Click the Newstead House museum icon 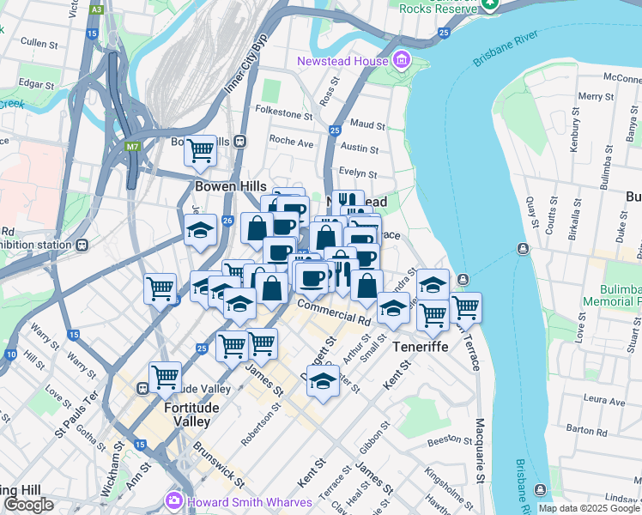click(400, 61)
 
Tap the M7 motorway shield click(132, 147)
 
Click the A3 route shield click(96, 9)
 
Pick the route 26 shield click(227, 221)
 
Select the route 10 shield click(10, 354)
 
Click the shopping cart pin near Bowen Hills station click(200, 151)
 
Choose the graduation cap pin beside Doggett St click(323, 380)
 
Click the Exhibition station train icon click(82, 245)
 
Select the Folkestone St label click(284, 113)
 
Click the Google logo click(28, 505)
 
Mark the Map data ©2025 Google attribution click(588, 508)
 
